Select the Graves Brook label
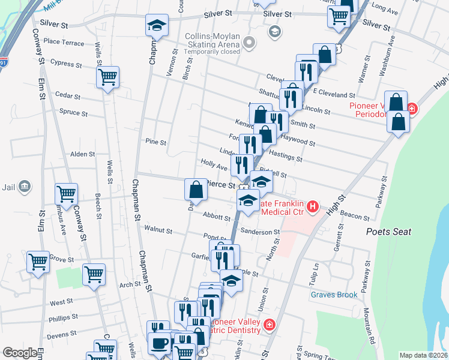click(x=334, y=295)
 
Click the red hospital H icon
click(x=312, y=208)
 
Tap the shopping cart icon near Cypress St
click(x=107, y=77)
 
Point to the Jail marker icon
click(x=24, y=187)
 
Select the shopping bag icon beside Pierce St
click(x=196, y=190)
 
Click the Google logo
click(x=20, y=353)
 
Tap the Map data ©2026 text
click(x=423, y=355)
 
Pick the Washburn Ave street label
click(x=391, y=49)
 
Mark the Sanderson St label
click(x=260, y=232)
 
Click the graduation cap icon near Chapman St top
click(x=157, y=25)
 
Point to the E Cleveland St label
click(x=334, y=95)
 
